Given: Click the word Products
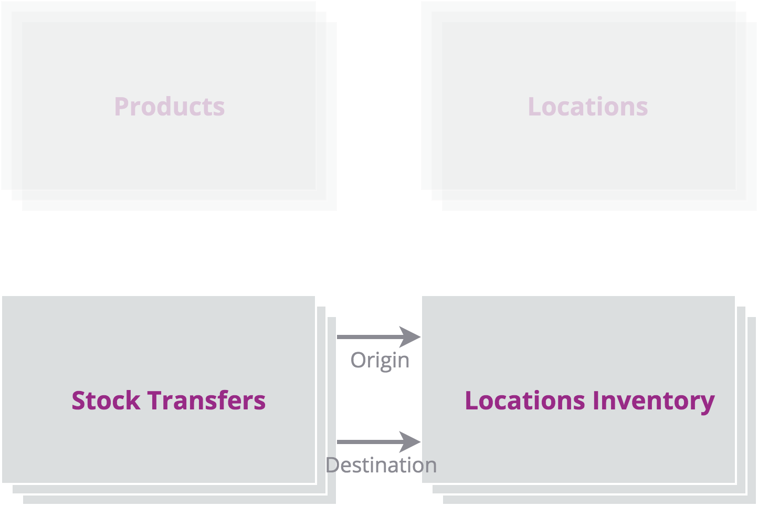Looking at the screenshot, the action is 170,107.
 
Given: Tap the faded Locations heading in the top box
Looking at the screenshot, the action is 588,107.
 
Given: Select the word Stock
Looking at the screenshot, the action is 106,400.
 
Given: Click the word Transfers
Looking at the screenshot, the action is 206,400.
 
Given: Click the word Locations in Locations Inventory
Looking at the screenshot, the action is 525,400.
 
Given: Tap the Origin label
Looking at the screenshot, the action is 380,361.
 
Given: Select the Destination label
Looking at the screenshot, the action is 381,465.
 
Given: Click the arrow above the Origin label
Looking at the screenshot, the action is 378,337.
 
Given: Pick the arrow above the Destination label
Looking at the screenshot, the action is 378,441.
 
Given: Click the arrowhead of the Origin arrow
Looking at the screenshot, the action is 410,337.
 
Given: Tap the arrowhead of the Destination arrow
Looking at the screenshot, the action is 410,441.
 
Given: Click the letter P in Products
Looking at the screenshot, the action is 121,107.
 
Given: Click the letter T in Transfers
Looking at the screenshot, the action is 155,400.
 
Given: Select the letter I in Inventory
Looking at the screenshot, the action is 596,400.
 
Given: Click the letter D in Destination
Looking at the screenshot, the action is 333,465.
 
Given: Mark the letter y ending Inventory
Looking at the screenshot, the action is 708,405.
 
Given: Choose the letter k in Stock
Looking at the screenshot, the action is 133,400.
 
